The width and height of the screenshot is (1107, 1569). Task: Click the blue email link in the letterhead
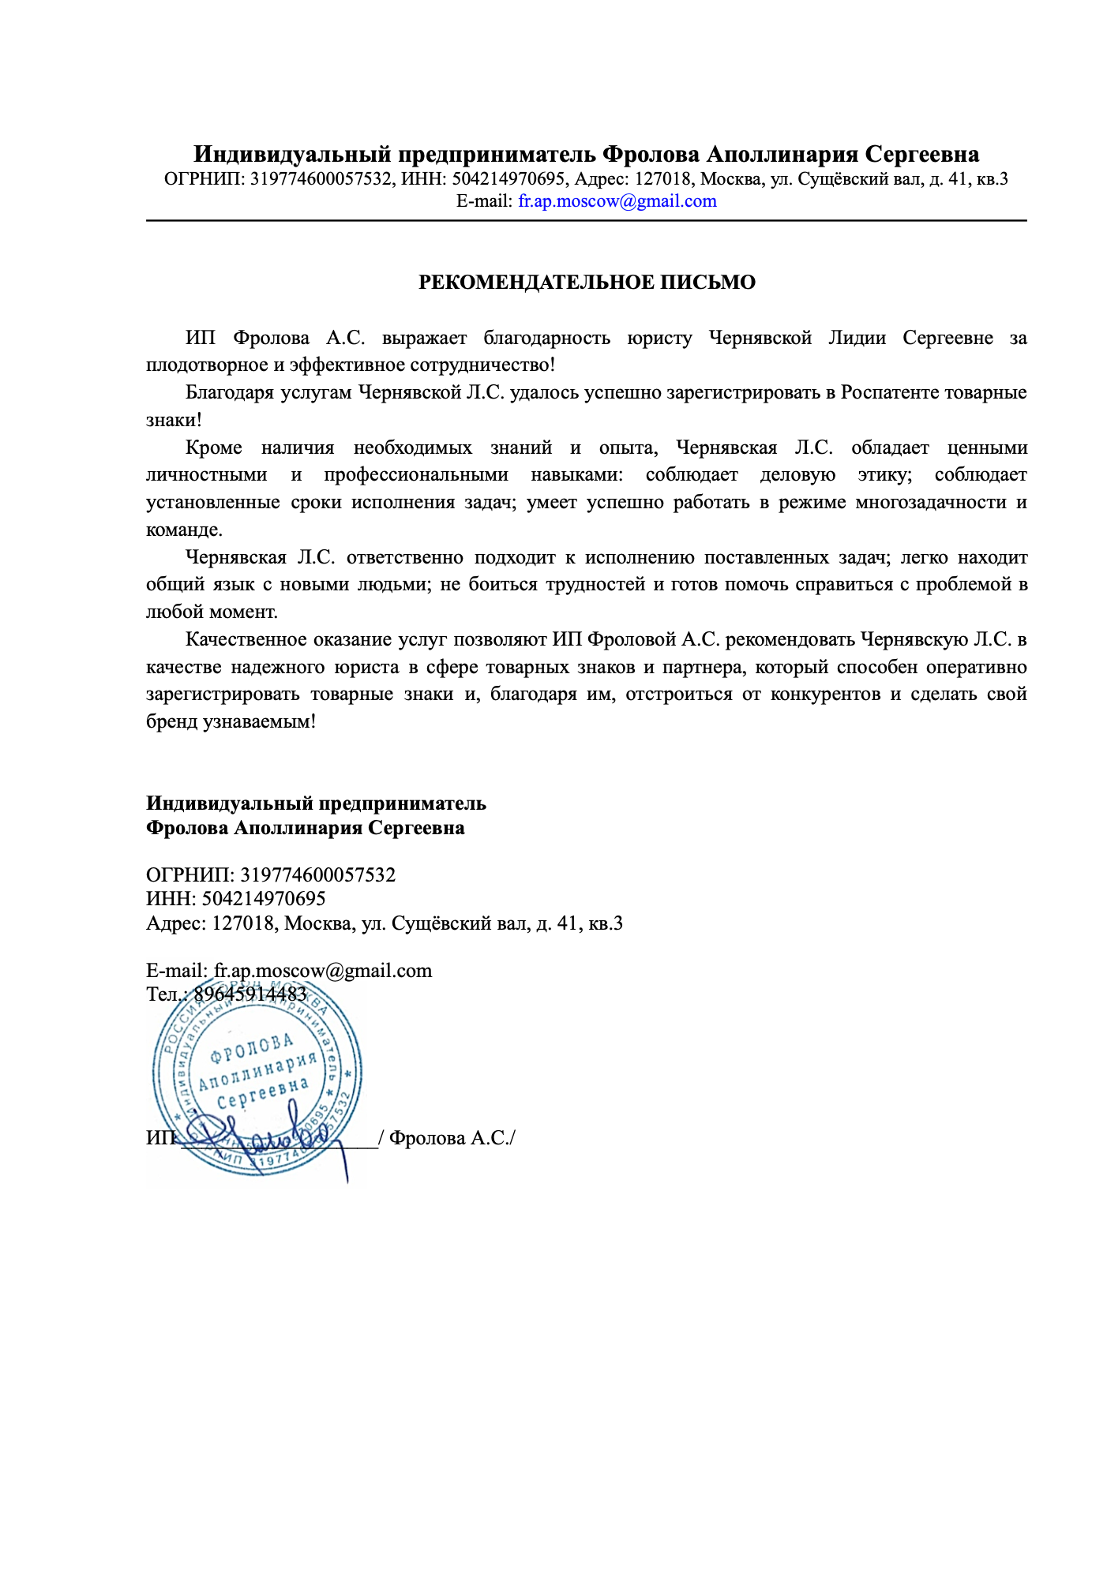617,201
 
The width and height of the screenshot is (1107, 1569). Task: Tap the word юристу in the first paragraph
659,339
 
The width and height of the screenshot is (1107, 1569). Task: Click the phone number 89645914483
250,994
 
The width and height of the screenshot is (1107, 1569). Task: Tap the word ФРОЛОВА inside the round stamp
252,1050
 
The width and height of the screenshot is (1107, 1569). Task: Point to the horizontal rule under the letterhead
586,221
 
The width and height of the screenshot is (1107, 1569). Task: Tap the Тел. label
164,994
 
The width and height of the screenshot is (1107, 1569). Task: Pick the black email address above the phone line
323,971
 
